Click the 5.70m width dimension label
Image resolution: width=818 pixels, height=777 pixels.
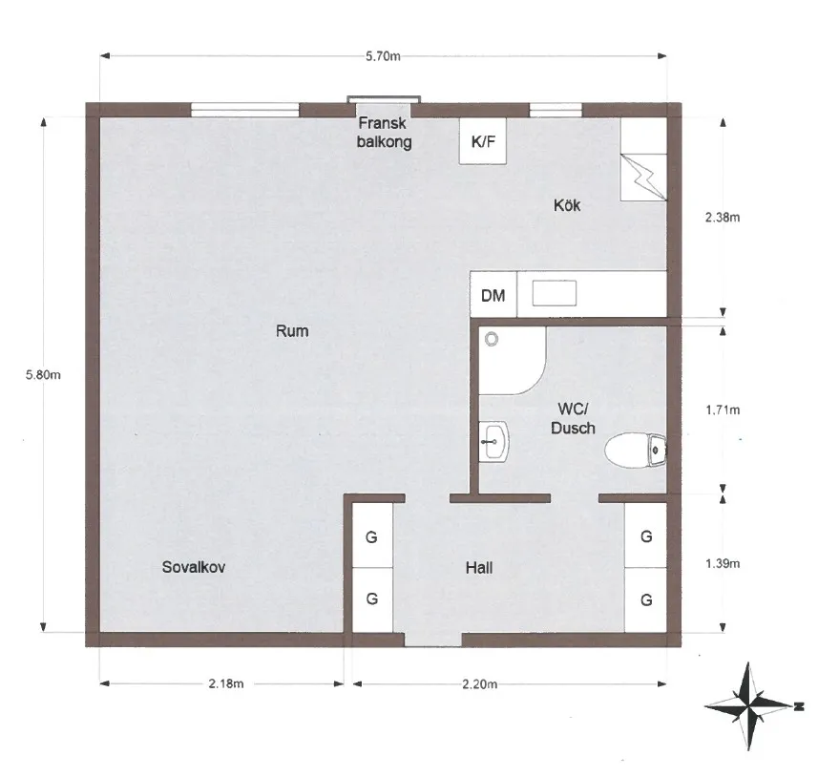point(383,56)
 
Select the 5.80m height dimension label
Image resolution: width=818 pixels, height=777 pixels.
point(43,375)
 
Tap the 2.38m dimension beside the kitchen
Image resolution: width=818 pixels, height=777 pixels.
point(723,217)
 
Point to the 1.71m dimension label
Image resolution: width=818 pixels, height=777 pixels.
point(723,410)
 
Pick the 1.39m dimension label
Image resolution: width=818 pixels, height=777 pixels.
point(723,563)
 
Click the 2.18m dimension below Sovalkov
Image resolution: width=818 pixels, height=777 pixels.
point(226,683)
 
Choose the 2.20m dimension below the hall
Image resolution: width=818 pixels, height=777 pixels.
point(479,683)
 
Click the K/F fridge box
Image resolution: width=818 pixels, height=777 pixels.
point(483,141)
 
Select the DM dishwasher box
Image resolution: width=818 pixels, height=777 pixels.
point(493,295)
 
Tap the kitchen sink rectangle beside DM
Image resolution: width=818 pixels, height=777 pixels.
point(554,293)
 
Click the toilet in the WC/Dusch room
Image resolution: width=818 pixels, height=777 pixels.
point(636,450)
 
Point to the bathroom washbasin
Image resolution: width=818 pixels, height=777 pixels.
point(493,441)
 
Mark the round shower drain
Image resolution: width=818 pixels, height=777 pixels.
point(492,340)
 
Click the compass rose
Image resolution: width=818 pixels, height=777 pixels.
point(749,706)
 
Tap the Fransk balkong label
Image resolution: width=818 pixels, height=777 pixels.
point(384,133)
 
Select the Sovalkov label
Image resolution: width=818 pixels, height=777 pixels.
point(194,567)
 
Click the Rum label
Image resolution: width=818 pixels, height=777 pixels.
point(292,331)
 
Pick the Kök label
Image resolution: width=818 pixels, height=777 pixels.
point(567,205)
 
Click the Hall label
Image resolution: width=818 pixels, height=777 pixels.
point(479,568)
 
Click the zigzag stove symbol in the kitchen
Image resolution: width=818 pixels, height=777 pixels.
point(643,178)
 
